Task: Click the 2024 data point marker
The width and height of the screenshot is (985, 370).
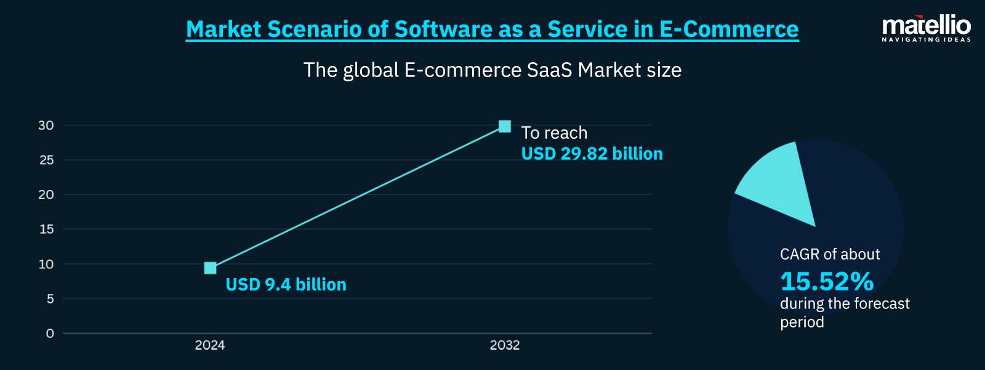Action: click(x=210, y=268)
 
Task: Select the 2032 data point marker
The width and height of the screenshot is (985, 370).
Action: click(x=505, y=126)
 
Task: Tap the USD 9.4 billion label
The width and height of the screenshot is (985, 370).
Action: click(x=286, y=285)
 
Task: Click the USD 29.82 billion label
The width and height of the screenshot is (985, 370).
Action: click(x=592, y=154)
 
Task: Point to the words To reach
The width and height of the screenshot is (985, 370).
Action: click(x=554, y=133)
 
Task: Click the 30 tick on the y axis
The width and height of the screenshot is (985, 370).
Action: click(x=46, y=125)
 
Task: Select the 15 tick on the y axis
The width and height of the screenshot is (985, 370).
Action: click(x=46, y=229)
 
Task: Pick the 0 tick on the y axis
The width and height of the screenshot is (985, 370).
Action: click(x=50, y=334)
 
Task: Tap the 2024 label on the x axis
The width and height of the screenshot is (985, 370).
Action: click(x=210, y=345)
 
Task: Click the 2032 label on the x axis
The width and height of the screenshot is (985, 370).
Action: click(x=505, y=345)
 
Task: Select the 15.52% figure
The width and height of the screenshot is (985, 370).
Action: click(x=827, y=282)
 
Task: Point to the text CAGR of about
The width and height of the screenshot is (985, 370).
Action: click(x=830, y=254)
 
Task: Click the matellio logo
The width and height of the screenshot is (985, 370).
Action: click(x=926, y=26)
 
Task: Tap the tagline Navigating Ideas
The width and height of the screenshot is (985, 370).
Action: click(x=926, y=39)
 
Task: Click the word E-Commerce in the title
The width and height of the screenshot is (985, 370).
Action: click(x=729, y=29)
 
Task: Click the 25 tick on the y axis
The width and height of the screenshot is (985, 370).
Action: click(x=46, y=160)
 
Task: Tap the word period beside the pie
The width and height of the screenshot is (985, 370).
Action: click(x=802, y=322)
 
